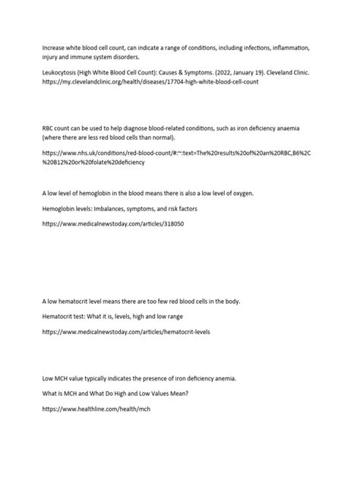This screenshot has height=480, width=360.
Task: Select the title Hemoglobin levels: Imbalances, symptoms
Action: point(114,207)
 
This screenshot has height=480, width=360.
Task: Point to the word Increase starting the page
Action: point(55,46)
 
